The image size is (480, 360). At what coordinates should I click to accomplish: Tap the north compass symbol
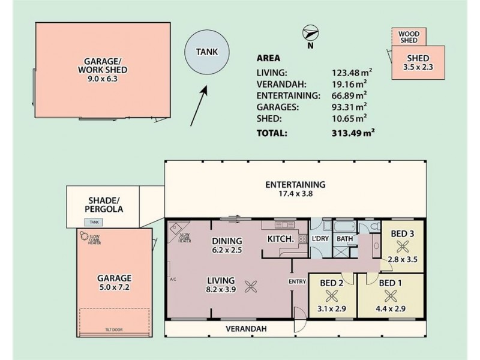[x=310, y=32]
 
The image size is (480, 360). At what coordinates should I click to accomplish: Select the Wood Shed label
[x=409, y=36]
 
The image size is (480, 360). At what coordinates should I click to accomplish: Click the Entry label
[x=297, y=281]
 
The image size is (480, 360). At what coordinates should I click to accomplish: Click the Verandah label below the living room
[x=245, y=329]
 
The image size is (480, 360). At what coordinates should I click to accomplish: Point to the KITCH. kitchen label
[x=280, y=239]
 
